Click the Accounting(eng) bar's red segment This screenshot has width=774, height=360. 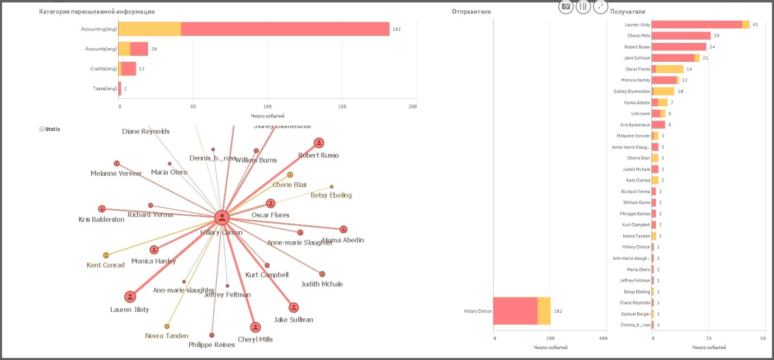click(x=285, y=29)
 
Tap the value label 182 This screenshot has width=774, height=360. click(x=396, y=29)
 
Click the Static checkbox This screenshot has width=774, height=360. click(x=42, y=129)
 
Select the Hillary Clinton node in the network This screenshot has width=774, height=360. click(x=221, y=218)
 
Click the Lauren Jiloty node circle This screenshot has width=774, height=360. click(x=130, y=297)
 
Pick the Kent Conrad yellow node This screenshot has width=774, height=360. click(x=106, y=255)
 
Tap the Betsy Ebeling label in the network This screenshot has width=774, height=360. click(x=331, y=195)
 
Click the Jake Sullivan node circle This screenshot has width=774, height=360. click(x=293, y=307)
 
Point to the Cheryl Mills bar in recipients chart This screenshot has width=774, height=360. click(x=681, y=36)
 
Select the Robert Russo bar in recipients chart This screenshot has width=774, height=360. click(x=679, y=47)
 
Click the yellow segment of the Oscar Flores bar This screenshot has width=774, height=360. click(x=670, y=69)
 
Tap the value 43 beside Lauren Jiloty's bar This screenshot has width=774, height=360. click(x=755, y=25)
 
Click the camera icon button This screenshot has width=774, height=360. click(x=566, y=7)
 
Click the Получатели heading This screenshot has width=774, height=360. click(x=628, y=11)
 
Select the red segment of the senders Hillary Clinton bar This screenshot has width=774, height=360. click(x=515, y=311)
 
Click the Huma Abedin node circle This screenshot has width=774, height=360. click(x=343, y=229)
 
